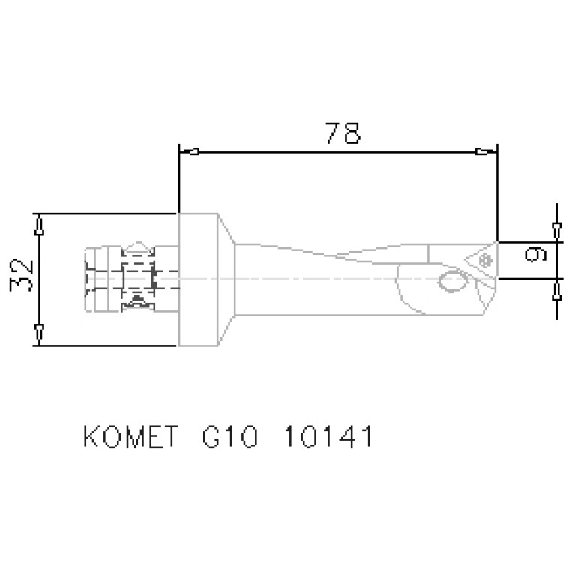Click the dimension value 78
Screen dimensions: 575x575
[x=343, y=133]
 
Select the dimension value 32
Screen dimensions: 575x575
[x=22, y=277]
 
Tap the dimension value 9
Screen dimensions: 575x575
[x=535, y=255]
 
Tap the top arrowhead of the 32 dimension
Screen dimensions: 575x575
[x=39, y=223]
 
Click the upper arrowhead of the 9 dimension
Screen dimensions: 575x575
[x=556, y=229]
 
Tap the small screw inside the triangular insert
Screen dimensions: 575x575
[x=484, y=260]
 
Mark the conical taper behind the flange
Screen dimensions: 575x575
[x=227, y=280]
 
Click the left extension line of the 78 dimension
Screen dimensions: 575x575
[x=179, y=180]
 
